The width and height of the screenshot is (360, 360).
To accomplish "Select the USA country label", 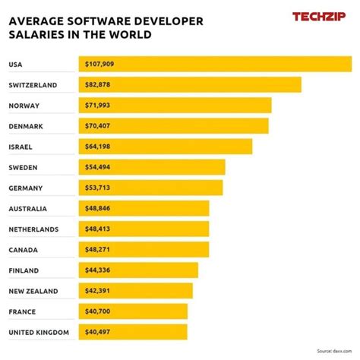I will tap(15, 65).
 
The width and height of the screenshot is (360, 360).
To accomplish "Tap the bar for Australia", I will tap(144, 208).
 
